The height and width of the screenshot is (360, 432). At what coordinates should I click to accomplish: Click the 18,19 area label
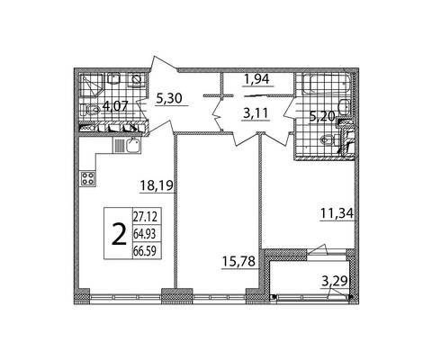tap(157, 186)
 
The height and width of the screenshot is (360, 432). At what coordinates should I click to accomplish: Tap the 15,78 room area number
tap(238, 261)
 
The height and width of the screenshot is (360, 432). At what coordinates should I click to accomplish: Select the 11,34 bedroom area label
tap(337, 213)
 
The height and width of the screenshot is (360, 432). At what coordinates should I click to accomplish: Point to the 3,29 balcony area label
tap(335, 282)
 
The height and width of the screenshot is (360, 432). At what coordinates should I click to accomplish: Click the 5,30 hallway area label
tap(169, 98)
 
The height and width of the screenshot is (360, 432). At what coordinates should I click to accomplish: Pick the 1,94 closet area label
tap(256, 79)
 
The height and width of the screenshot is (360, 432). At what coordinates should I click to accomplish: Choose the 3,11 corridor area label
tap(256, 114)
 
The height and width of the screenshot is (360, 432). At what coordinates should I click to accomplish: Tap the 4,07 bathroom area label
tap(115, 106)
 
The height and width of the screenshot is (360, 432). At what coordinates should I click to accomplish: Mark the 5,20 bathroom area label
tap(322, 116)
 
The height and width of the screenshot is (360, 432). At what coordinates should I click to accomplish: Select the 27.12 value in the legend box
tap(145, 217)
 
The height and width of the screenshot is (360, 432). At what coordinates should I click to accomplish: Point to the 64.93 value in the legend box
tap(145, 234)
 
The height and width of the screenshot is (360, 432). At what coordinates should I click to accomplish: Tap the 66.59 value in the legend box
tap(145, 251)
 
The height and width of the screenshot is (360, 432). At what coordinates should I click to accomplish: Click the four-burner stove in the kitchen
tap(88, 178)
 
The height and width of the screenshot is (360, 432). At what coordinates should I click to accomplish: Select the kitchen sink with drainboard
tap(127, 145)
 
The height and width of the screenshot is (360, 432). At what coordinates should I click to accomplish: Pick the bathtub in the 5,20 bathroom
tap(327, 84)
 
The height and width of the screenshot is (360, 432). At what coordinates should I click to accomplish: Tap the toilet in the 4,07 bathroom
tap(90, 110)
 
